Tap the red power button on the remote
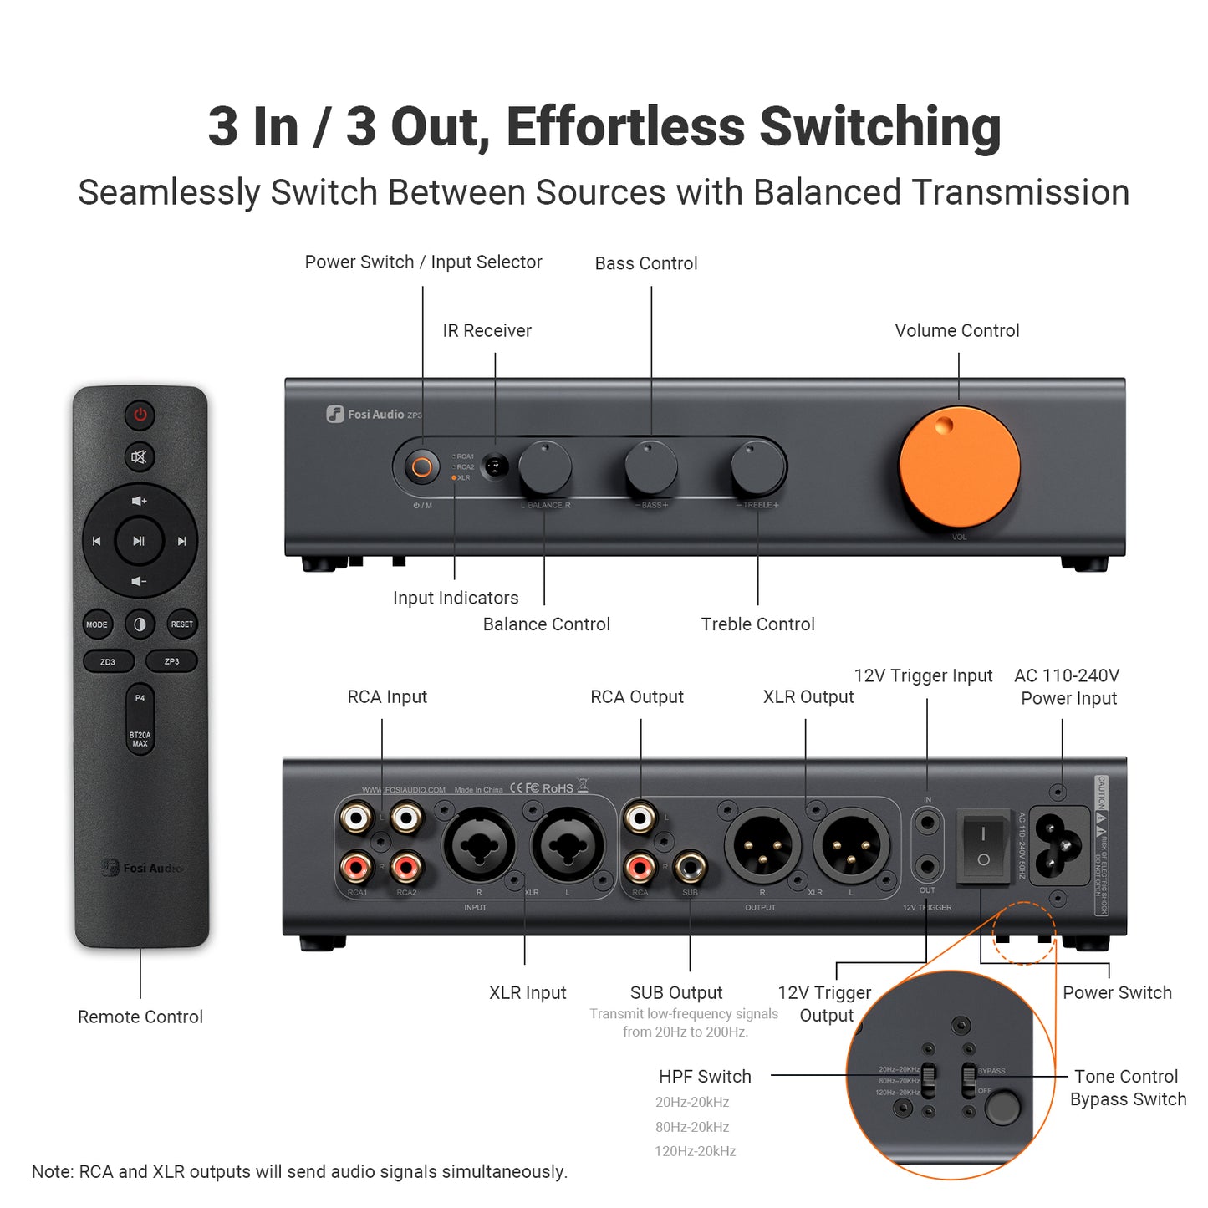point(140,415)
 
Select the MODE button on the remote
point(97,624)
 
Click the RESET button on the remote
point(181,624)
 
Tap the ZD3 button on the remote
point(108,661)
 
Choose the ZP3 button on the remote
point(171,661)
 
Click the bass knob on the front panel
point(651,468)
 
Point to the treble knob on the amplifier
point(757,468)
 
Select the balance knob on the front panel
point(545,468)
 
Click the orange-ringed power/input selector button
point(422,467)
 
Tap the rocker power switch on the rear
point(983,846)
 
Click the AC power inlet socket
point(1059,844)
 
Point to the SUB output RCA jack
point(690,869)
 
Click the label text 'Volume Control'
point(957,331)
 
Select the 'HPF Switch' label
point(705,1077)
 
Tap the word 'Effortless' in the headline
point(625,127)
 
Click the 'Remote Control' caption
point(140,1017)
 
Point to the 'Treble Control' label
point(757,624)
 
